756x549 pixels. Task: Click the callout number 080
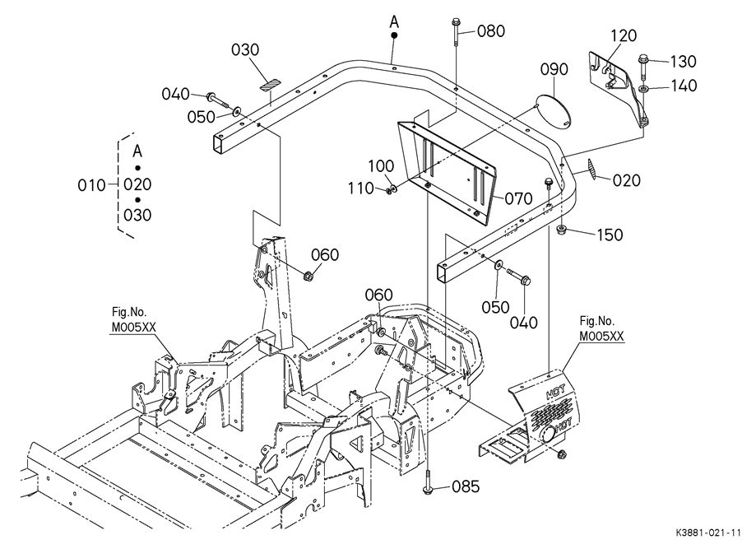point(491,31)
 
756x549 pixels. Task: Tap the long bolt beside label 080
point(456,32)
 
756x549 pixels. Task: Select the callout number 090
point(554,69)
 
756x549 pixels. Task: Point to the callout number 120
point(624,35)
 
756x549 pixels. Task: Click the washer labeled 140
point(643,89)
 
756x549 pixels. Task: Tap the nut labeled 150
point(561,230)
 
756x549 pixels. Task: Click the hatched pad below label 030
point(270,83)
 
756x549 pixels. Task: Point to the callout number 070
point(518,198)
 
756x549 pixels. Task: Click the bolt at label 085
point(428,482)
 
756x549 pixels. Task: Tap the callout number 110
point(361,188)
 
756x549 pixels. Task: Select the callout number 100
point(381,166)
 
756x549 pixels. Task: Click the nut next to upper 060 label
point(308,277)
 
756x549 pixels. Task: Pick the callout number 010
point(91,184)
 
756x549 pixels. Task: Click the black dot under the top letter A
point(394,35)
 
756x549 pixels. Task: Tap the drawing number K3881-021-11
point(707,533)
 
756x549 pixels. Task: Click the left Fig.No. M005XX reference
point(133,319)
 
